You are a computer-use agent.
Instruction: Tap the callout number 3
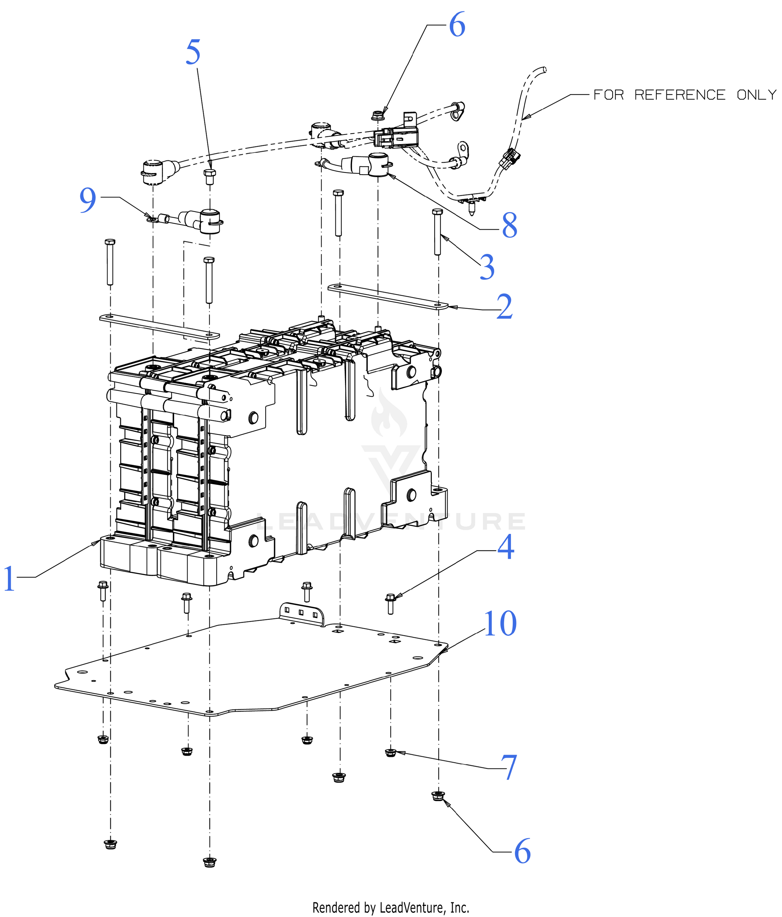pos(487,267)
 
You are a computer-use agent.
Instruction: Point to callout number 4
pos(505,547)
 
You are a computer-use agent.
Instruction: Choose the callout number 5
pos(193,52)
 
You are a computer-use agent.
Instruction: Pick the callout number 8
pos(509,225)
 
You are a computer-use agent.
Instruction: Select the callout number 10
pos(500,624)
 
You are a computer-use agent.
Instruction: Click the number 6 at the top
pos(457,25)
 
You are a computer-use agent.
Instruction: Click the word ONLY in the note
pos(757,95)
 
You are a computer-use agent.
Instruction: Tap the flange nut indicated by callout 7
pos(390,752)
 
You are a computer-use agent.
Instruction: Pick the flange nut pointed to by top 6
pos(377,115)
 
